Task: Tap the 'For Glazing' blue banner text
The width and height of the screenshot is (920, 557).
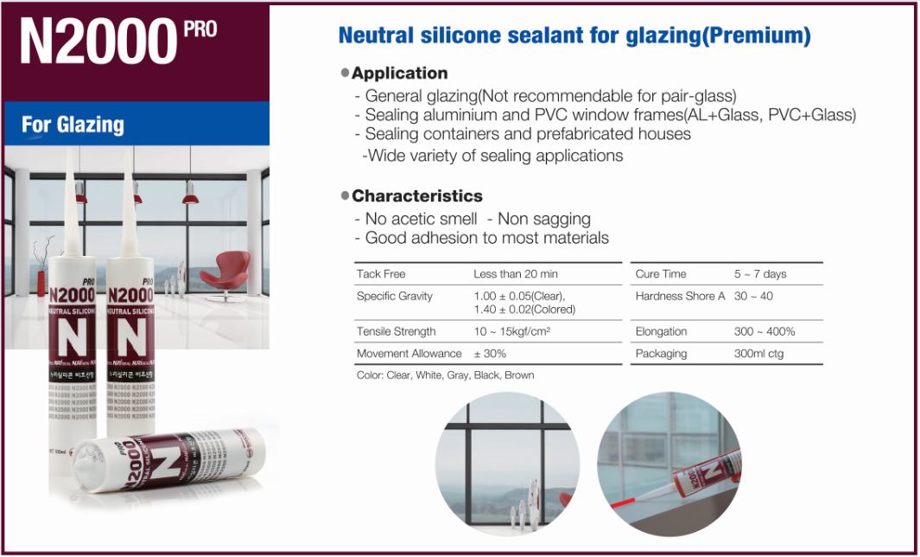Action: point(73,125)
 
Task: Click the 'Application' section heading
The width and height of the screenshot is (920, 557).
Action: point(399,74)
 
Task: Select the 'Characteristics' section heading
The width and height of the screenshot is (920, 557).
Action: point(416,196)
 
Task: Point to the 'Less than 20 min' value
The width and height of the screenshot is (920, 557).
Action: point(516,274)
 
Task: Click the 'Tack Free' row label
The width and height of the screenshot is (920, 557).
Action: point(381,274)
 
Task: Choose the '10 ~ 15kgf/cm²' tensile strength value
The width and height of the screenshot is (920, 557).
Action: point(512,331)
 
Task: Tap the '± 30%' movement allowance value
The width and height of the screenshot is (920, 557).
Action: point(490,354)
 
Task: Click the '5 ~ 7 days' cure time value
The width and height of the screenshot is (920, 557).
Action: point(760,274)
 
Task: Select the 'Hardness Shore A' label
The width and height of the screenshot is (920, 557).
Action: point(680,296)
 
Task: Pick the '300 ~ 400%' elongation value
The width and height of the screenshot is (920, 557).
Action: point(765,331)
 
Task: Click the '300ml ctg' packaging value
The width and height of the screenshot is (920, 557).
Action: point(758,354)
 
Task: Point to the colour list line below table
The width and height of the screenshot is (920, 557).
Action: point(445,375)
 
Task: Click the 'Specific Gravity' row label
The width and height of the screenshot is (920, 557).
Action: point(394,296)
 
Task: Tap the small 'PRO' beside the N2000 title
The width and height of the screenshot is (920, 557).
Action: point(200,29)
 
